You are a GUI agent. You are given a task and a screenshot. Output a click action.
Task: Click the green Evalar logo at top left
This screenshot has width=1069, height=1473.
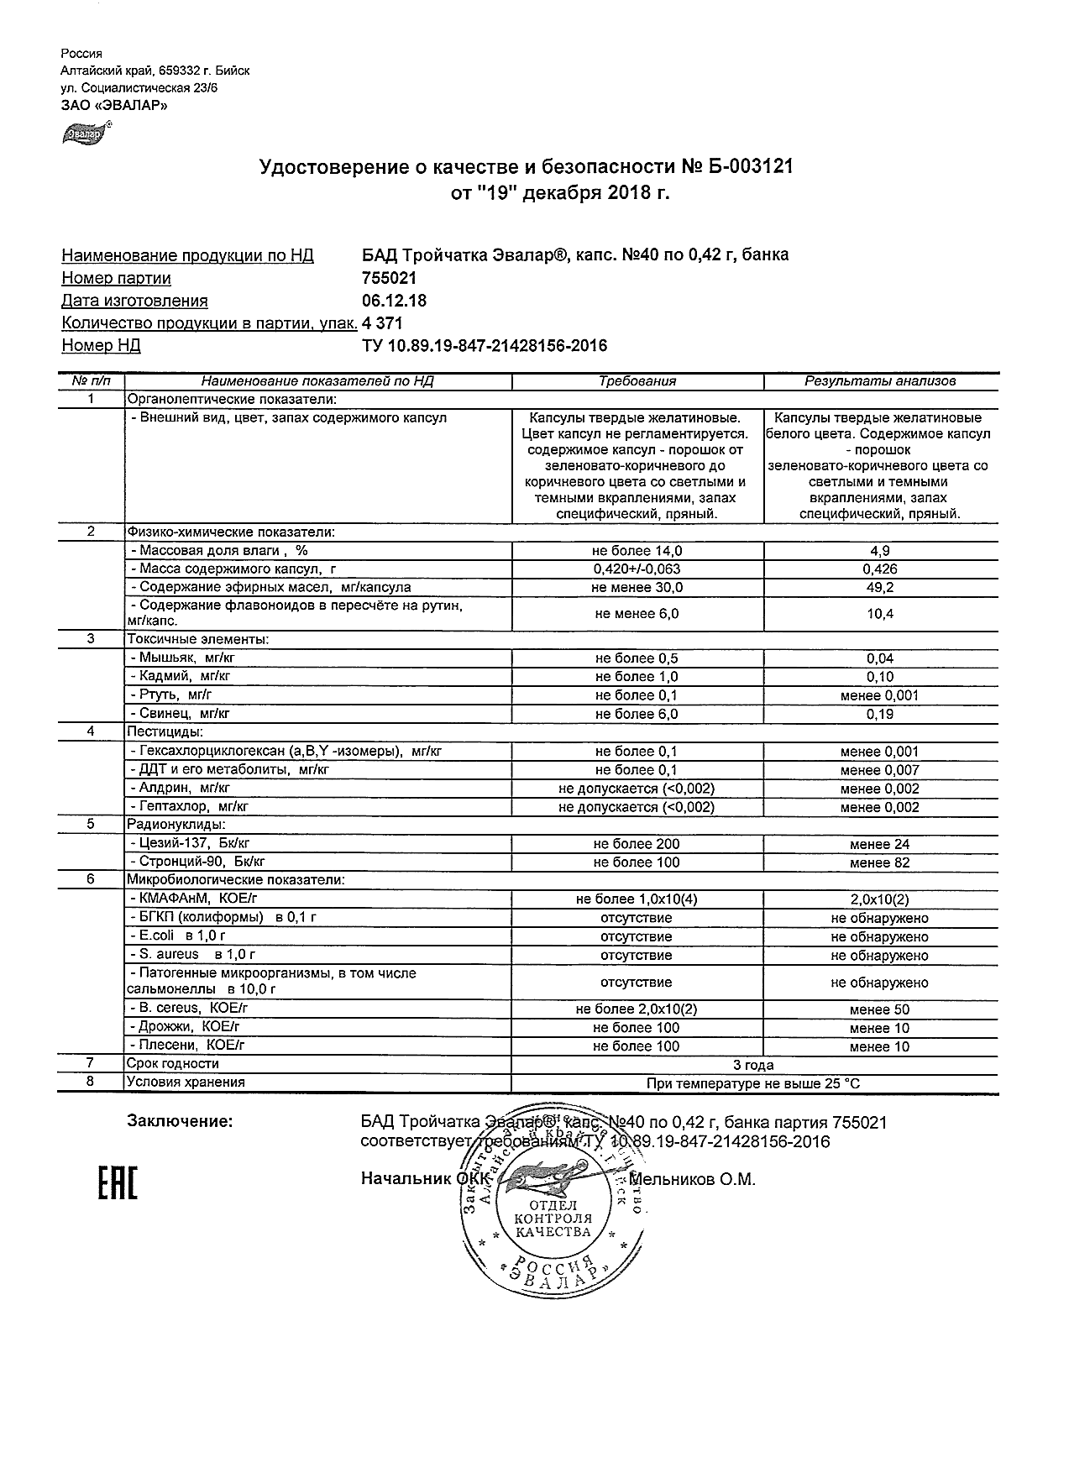pos(83,133)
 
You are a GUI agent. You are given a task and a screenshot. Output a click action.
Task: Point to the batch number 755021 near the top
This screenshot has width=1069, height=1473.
pos(389,278)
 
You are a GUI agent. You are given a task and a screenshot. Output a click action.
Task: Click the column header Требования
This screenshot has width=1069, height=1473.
pos(637,381)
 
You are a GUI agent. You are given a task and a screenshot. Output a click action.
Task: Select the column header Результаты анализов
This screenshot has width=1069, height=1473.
pos(880,381)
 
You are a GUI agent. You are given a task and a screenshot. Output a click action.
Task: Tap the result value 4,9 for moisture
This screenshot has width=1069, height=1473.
pos(880,551)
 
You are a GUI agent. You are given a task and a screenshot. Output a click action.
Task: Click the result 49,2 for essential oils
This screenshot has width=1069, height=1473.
pos(880,588)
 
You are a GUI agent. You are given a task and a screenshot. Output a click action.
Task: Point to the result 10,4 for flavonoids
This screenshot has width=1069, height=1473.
pos(880,614)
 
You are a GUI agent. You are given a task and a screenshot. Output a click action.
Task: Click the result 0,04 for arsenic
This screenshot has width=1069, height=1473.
pos(880,658)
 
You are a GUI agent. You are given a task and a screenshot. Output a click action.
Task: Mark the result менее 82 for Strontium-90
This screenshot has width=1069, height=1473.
pos(880,862)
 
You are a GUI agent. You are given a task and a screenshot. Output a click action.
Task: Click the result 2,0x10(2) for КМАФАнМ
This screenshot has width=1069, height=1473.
pos(880,899)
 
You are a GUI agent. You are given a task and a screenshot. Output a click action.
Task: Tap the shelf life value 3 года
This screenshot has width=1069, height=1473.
pos(753,1065)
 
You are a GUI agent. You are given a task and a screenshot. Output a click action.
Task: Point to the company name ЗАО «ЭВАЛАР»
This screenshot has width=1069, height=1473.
pos(114,106)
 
